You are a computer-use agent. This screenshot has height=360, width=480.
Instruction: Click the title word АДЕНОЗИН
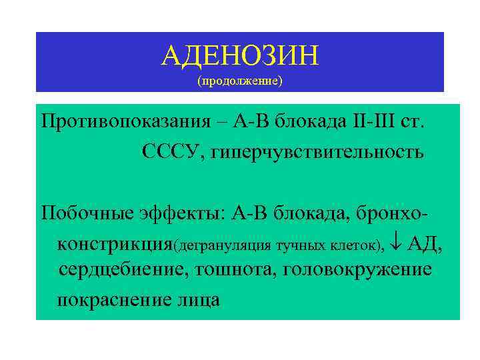240,56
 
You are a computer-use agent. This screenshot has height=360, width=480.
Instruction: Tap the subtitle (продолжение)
240,81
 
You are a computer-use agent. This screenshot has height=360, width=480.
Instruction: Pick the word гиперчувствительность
317,153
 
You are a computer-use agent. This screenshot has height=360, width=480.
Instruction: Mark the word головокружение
357,270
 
